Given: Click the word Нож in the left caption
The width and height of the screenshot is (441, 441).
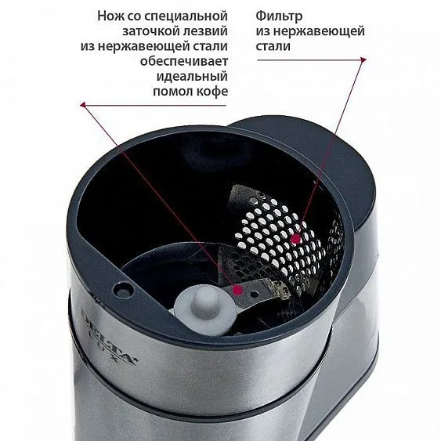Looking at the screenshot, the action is pyautogui.click(x=110, y=16).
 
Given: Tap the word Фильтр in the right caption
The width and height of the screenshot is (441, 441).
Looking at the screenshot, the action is pyautogui.click(x=279, y=16).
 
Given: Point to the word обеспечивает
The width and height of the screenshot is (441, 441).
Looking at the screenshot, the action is pyautogui.click(x=184, y=61).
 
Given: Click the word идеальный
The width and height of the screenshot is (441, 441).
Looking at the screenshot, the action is pyautogui.click(x=192, y=76).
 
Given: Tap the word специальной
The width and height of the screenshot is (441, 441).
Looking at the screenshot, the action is pyautogui.click(x=186, y=16).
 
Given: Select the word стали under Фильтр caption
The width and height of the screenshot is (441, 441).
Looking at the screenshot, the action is pyautogui.click(x=273, y=46).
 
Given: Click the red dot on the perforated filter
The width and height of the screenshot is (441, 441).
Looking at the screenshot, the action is pyautogui.click(x=295, y=239).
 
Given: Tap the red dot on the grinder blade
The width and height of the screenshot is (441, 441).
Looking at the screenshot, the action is pyautogui.click(x=238, y=289).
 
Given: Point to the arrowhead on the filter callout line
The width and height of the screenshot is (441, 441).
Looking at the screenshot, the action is pyautogui.click(x=363, y=60).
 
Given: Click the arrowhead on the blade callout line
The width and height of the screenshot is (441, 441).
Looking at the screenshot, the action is pyautogui.click(x=83, y=105).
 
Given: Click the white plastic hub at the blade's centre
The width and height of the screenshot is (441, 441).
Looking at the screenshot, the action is pyautogui.click(x=204, y=304).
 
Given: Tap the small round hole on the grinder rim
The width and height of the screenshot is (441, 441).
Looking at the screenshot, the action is pyautogui.click(x=123, y=288).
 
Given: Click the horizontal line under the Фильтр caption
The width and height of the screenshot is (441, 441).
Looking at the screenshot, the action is pyautogui.click(x=309, y=60).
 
